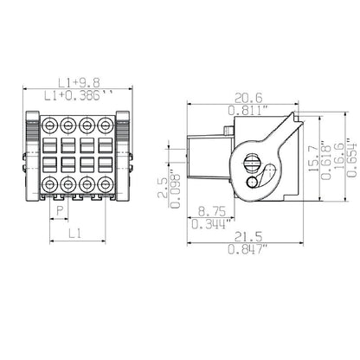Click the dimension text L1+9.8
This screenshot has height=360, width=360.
click(77, 82)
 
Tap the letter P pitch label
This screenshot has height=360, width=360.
click(60, 210)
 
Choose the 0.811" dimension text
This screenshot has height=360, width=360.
click(246, 112)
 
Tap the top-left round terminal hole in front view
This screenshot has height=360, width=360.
click(51, 125)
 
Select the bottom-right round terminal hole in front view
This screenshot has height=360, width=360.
click(105, 184)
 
